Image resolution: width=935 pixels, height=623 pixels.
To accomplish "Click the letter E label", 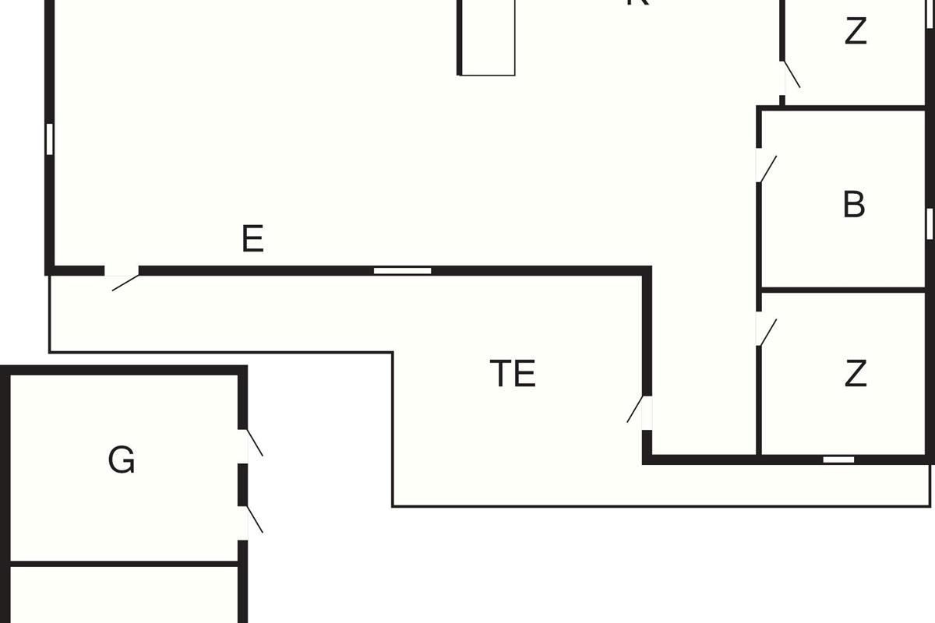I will [x=252, y=238].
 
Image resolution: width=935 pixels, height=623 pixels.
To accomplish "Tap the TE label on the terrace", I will [x=513, y=374].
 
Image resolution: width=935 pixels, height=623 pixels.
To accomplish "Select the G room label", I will [x=122, y=460].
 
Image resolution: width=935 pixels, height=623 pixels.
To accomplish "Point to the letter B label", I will [x=854, y=205].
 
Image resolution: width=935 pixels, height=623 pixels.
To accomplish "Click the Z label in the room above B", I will [x=856, y=32].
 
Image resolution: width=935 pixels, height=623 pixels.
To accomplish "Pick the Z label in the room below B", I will [x=856, y=375].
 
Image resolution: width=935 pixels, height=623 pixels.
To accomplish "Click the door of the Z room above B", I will [x=790, y=76].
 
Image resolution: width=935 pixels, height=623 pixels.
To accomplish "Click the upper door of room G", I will [x=252, y=444].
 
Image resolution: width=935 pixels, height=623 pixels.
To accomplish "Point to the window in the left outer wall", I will [x=49, y=139].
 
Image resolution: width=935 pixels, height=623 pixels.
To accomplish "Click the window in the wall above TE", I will [x=402, y=271].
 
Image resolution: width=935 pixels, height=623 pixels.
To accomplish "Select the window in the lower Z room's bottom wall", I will [x=838, y=459].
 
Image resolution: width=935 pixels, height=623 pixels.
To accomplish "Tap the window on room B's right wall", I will [x=930, y=223].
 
